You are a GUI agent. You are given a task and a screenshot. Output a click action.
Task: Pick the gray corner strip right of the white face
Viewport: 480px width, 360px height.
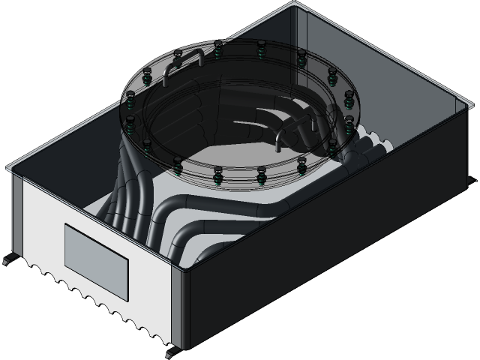[x=177, y=307]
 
